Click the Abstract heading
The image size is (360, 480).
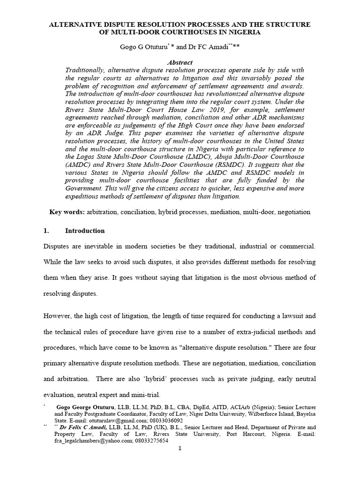pos(180,62)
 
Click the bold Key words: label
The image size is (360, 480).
pos(67,212)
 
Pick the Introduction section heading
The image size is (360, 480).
pos(85,231)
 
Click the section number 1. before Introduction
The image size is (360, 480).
pos(46,231)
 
